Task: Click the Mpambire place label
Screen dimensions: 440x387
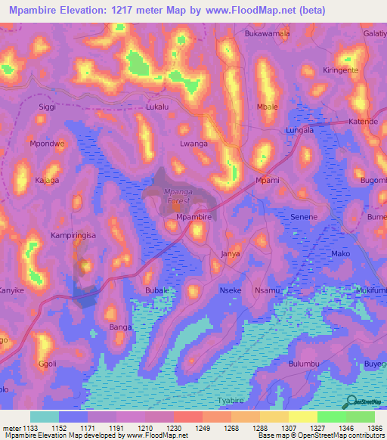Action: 193,217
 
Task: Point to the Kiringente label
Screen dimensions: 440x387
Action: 341,70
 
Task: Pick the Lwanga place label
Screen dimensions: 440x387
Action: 193,143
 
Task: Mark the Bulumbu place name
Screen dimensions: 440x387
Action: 305,364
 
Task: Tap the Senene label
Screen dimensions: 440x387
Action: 304,217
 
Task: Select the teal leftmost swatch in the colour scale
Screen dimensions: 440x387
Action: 45,417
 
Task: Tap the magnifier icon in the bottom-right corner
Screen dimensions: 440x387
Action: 351,401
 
